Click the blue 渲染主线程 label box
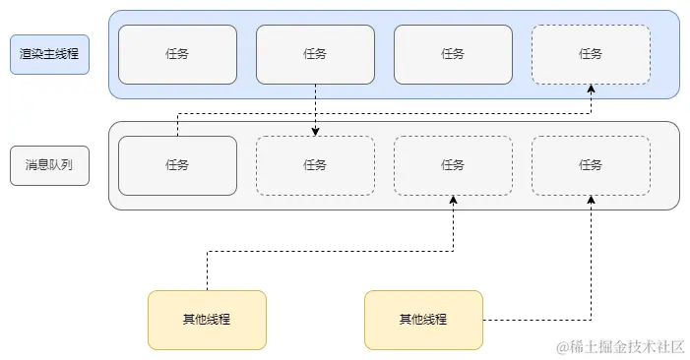pyautogui.click(x=49, y=54)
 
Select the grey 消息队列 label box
pyautogui.click(x=49, y=165)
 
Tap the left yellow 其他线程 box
pyautogui.click(x=207, y=320)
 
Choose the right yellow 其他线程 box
pyautogui.click(x=423, y=320)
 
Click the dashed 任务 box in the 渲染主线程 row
pyautogui.click(x=591, y=54)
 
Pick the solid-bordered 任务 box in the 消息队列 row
pyautogui.click(x=177, y=165)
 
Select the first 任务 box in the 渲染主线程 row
pyautogui.click(x=177, y=54)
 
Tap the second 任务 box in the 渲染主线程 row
pyautogui.click(x=315, y=54)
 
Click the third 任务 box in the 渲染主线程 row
pyautogui.click(x=453, y=54)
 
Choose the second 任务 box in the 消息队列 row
pyautogui.click(x=315, y=165)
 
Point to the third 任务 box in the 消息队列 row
pyautogui.click(x=453, y=165)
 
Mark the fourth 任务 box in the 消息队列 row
pyautogui.click(x=591, y=165)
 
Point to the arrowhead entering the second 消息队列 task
pyautogui.click(x=315, y=131)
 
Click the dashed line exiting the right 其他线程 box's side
pyautogui.click(x=536, y=320)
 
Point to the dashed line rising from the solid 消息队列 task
pyautogui.click(x=177, y=124)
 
